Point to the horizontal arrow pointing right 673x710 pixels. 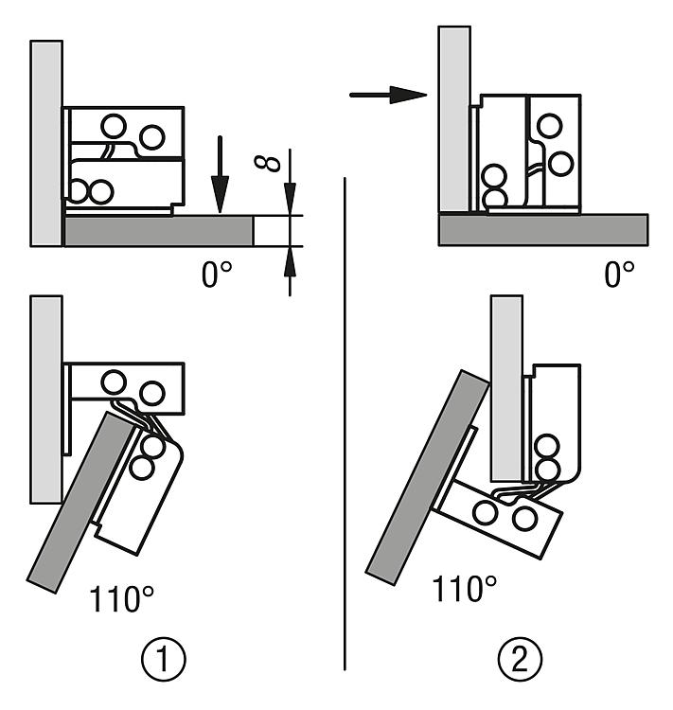point(388,95)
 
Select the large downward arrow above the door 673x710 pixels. point(220,174)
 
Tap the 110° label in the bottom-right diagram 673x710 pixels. point(465,590)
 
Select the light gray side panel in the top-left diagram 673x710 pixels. point(46,142)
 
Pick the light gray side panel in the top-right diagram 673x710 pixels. point(452,118)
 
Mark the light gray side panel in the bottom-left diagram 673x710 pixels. point(45,398)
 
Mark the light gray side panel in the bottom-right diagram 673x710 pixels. point(506,388)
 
